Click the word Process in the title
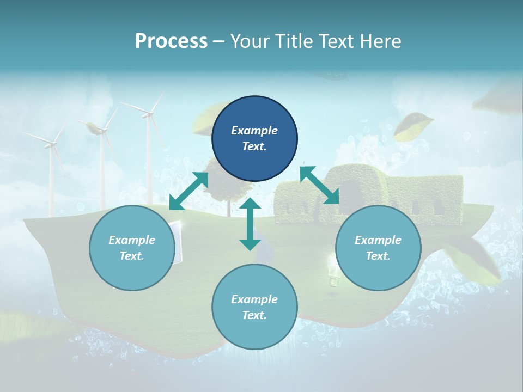click(171, 41)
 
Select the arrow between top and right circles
click(319, 185)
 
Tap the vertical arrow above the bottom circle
click(250, 224)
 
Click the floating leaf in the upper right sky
click(413, 124)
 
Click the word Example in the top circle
click(254, 131)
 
